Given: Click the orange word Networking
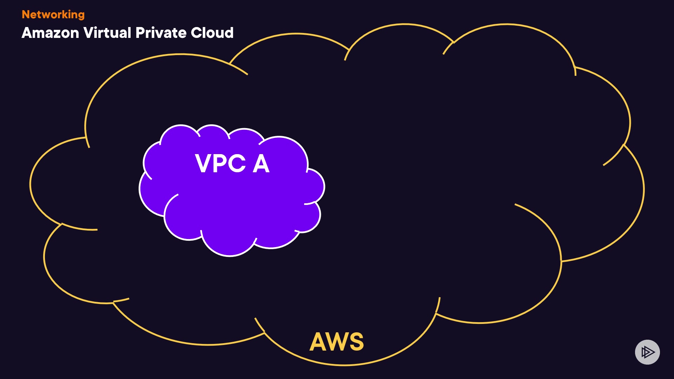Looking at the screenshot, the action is point(53,15).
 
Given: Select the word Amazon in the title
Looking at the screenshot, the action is point(50,33).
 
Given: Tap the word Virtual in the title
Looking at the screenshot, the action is point(107,33).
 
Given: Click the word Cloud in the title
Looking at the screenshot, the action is point(212,33).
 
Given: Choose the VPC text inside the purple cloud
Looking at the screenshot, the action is point(220,164).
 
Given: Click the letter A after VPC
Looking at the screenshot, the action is point(261,164).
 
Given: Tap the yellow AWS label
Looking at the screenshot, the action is point(337,341).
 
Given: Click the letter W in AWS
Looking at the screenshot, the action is point(336,341).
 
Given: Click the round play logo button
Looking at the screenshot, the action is point(647,352).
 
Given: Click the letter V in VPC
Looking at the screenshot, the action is point(203,164).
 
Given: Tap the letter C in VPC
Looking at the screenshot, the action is point(235,164).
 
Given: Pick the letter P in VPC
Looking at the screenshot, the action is point(219,164).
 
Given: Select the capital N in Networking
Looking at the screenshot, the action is point(26,15).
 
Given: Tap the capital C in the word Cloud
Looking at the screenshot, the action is point(197,33).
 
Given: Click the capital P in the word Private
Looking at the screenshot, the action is point(140,33).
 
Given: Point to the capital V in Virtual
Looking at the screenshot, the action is point(89,33).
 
